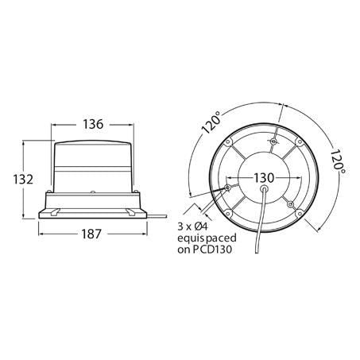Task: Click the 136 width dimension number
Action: pyautogui.click(x=93, y=124)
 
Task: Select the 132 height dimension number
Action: pyautogui.click(x=23, y=180)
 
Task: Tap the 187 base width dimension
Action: pyautogui.click(x=91, y=234)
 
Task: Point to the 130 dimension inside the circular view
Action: pyautogui.click(x=264, y=178)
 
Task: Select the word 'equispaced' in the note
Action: pyautogui.click(x=207, y=238)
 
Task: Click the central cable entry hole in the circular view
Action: pyautogui.click(x=264, y=188)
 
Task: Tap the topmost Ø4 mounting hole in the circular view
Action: pyautogui.click(x=274, y=141)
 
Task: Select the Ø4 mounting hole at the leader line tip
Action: pyautogui.click(x=227, y=188)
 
